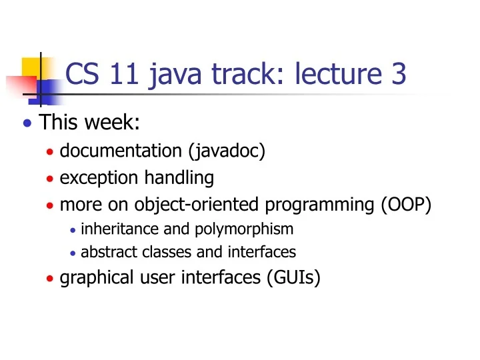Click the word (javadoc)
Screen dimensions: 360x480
point(227,151)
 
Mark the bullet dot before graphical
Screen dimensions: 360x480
point(50,277)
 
